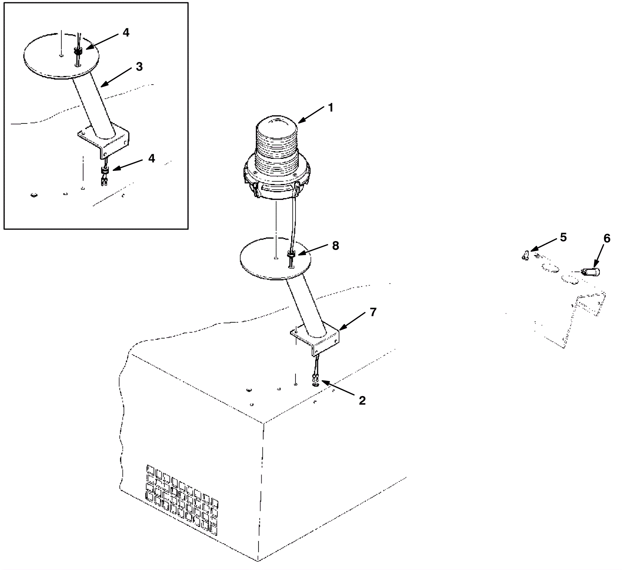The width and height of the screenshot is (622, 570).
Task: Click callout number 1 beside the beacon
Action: tap(331, 107)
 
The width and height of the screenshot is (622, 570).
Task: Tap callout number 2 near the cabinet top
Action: tap(362, 400)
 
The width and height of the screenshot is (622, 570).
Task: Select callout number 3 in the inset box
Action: tap(139, 67)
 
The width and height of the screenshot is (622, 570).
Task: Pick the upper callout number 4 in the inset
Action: tap(126, 33)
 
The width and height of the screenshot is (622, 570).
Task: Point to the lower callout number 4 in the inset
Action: tap(151, 158)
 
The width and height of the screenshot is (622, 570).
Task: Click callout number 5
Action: tap(563, 237)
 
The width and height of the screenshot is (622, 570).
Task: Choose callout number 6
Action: tap(606, 238)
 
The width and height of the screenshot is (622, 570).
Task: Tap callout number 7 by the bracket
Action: tap(373, 312)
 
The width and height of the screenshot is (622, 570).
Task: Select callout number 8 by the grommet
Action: tap(335, 245)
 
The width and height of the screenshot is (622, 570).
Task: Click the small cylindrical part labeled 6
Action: tap(591, 272)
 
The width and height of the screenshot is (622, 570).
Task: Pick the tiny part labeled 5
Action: tap(525, 255)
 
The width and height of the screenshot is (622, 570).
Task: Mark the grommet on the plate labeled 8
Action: tap(291, 254)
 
